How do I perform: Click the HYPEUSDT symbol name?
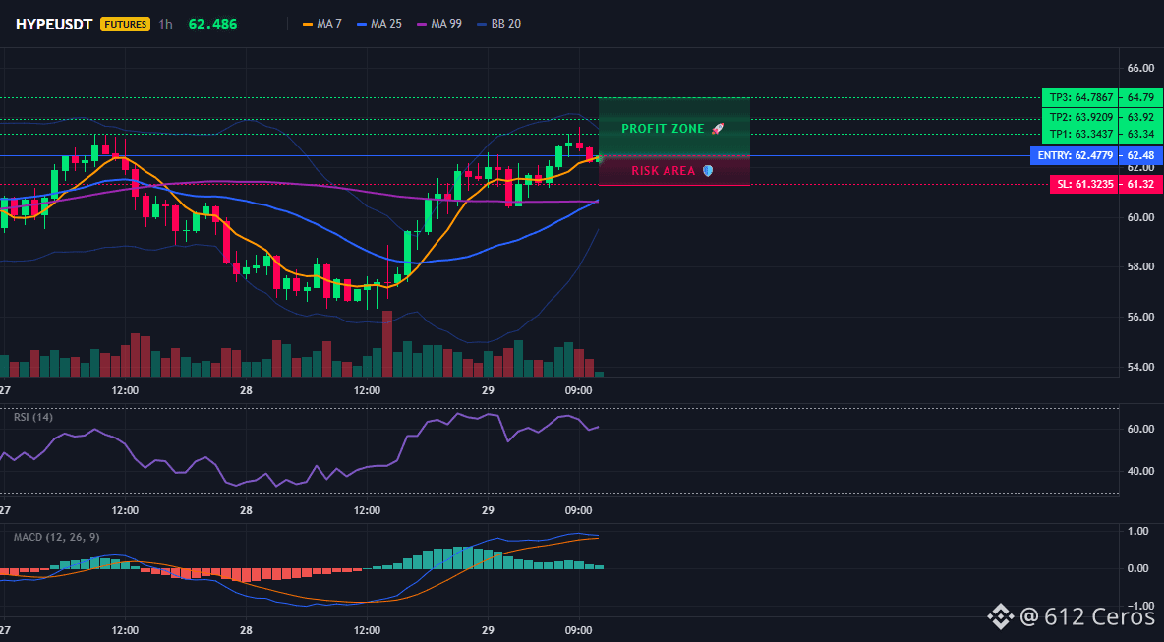pos(54,24)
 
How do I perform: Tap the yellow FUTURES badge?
pos(126,24)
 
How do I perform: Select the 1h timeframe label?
pos(165,24)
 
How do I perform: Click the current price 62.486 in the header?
pos(213,24)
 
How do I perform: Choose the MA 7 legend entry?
pos(322,24)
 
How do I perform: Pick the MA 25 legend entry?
pos(379,24)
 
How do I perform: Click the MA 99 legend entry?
pos(439,24)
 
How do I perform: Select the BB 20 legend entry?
pos(498,24)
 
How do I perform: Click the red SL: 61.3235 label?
pos(1082,184)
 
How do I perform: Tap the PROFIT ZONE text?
pos(663,129)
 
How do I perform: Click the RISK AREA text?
pos(664,171)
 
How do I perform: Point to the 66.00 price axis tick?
pos(1139,68)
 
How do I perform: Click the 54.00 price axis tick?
pos(1139,367)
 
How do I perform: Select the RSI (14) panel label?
pos(33,417)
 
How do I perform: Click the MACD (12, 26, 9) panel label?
pos(57,537)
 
